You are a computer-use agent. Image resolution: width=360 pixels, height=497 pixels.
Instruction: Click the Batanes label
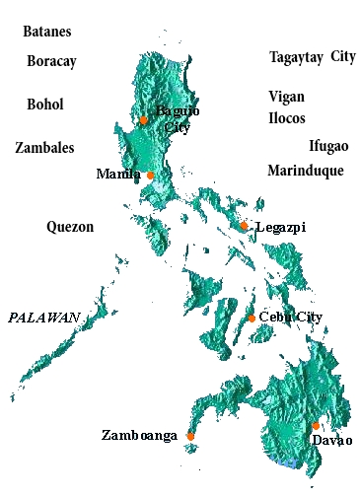(x=47, y=32)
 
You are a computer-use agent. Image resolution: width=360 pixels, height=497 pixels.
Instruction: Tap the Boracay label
(x=51, y=61)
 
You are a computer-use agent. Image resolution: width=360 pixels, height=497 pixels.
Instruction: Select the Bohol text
(x=45, y=104)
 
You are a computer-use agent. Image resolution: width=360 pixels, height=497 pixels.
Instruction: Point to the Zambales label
(x=44, y=148)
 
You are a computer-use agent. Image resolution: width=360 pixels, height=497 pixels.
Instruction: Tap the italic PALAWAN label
(x=43, y=318)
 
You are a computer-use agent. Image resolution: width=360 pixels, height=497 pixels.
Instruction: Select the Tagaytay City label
(x=313, y=57)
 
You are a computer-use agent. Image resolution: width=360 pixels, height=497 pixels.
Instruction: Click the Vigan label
(x=287, y=97)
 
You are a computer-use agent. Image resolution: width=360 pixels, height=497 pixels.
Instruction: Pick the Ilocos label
(x=287, y=117)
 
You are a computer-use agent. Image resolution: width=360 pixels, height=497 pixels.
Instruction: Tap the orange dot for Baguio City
(x=144, y=120)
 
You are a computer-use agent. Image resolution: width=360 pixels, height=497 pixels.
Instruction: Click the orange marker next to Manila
(x=151, y=176)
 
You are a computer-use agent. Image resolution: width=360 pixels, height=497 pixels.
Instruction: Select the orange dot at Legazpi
(x=244, y=227)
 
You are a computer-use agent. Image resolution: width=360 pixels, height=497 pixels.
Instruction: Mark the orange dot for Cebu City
(x=252, y=318)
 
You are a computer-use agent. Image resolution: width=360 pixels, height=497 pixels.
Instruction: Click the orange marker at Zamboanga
(x=190, y=436)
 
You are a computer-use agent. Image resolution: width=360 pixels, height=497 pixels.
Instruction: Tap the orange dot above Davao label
(x=316, y=426)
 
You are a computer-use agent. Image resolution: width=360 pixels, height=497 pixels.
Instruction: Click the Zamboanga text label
(x=140, y=435)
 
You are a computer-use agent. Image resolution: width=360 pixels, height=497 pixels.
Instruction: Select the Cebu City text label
(x=290, y=318)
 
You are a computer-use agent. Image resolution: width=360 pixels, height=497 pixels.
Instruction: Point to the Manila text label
(x=119, y=175)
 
